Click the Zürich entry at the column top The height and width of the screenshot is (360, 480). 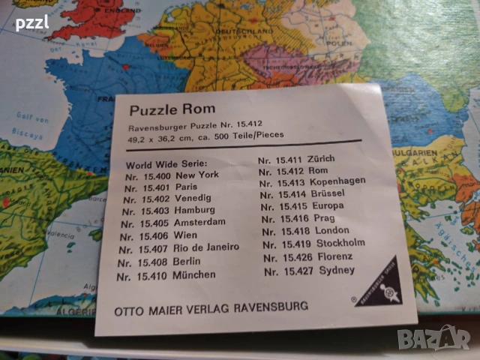[296, 160]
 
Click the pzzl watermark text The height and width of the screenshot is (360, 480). [31, 22]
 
